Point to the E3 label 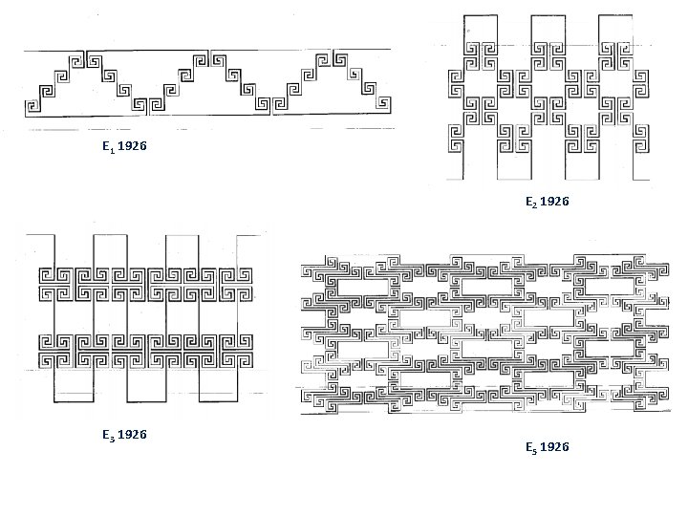pos(109,436)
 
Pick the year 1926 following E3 pos(134,436)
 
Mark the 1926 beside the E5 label pos(555,447)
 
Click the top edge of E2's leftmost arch pos(483,16)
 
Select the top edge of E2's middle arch pos(549,16)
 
